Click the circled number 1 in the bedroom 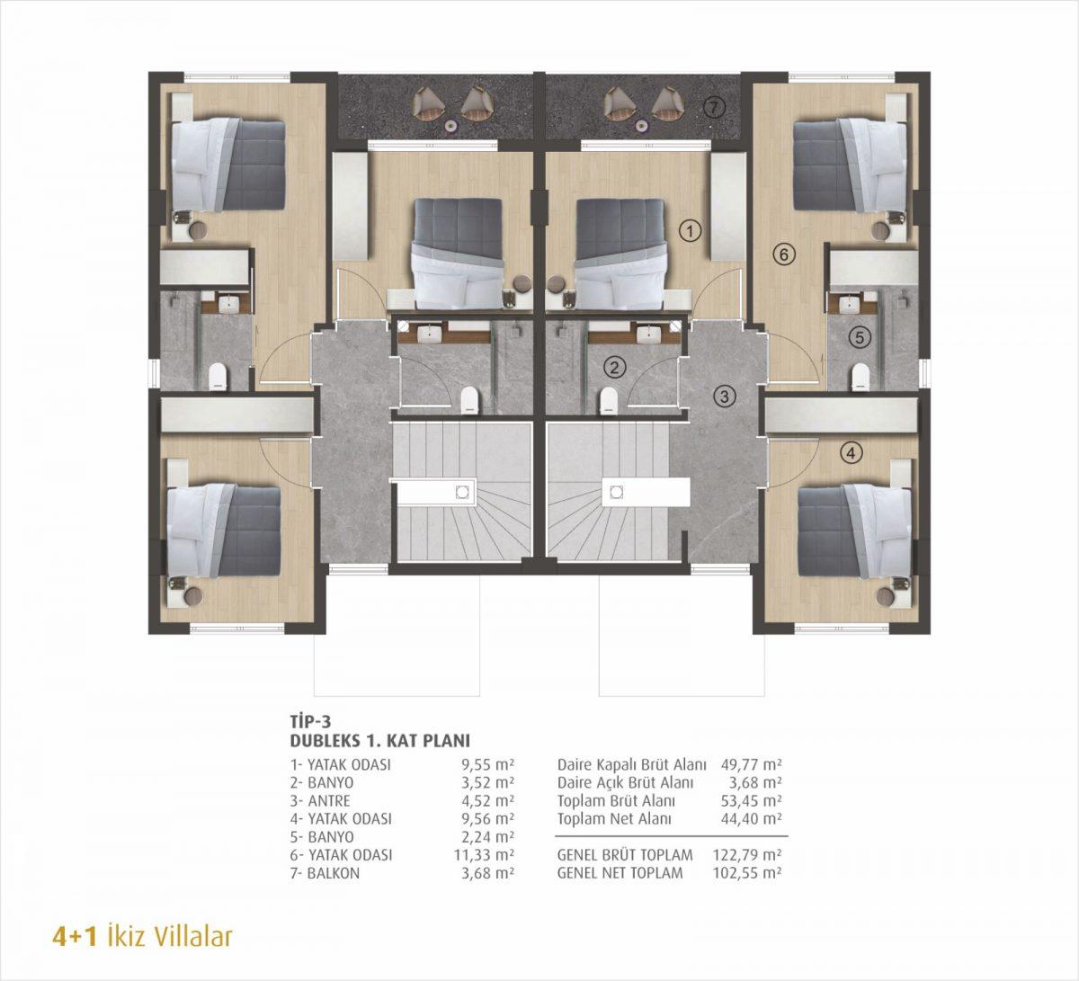click(691, 231)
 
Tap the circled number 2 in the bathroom click(615, 368)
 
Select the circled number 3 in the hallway click(724, 397)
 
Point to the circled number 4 click(851, 453)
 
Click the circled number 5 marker click(859, 337)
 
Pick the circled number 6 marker click(783, 254)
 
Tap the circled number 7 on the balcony click(713, 108)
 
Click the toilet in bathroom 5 click(861, 376)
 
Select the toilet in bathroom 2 click(608, 400)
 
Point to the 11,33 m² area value click(485, 855)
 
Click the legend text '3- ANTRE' click(320, 801)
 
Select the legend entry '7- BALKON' click(325, 873)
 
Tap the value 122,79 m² click(746, 855)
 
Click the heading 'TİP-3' click(310, 722)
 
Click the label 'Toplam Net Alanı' click(614, 819)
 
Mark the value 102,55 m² click(746, 873)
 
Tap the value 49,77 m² click(751, 764)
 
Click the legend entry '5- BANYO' click(322, 837)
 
